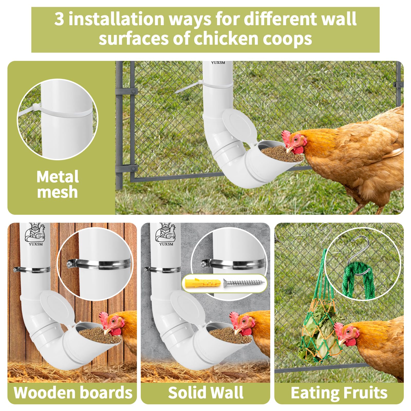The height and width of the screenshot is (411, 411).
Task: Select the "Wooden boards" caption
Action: click(x=73, y=393)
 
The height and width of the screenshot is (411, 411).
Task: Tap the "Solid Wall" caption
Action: click(x=206, y=393)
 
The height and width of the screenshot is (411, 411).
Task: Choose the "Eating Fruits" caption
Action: click(x=339, y=393)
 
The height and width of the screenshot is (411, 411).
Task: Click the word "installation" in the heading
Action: click(x=116, y=19)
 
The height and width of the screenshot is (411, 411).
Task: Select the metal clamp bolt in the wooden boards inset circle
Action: click(x=70, y=264)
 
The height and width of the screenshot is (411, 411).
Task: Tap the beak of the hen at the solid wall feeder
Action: click(x=236, y=331)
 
